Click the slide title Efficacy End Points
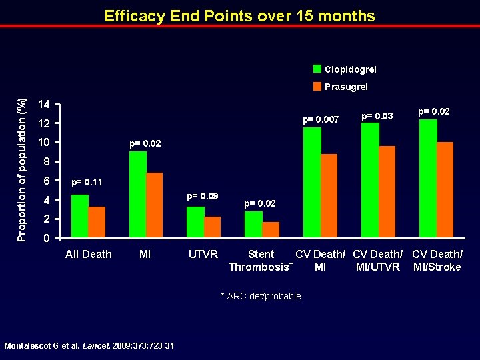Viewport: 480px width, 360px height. pyautogui.click(x=240, y=16)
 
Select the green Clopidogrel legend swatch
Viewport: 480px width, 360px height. pyautogui.click(x=318, y=69)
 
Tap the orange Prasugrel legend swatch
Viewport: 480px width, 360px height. pyautogui.click(x=318, y=86)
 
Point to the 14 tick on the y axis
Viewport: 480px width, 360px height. pyautogui.click(x=43, y=105)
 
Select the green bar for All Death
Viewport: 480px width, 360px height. pyautogui.click(x=80, y=216)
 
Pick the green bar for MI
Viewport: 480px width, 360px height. pyautogui.click(x=138, y=194)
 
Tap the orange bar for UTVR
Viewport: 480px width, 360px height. pyautogui.click(x=213, y=227)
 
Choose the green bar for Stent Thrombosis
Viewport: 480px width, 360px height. pyautogui.click(x=253, y=224)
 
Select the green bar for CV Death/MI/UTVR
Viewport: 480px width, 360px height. pyautogui.click(x=370, y=180)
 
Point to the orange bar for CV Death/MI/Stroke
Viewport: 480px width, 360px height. pyautogui.click(x=445, y=189)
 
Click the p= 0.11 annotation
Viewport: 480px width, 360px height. pyautogui.click(x=87, y=181)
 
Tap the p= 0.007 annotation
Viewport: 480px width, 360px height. pyautogui.click(x=321, y=120)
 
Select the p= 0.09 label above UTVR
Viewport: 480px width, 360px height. pyautogui.click(x=203, y=196)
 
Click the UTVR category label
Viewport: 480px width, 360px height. pyautogui.click(x=202, y=254)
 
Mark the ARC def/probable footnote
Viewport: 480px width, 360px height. pyautogui.click(x=261, y=296)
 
